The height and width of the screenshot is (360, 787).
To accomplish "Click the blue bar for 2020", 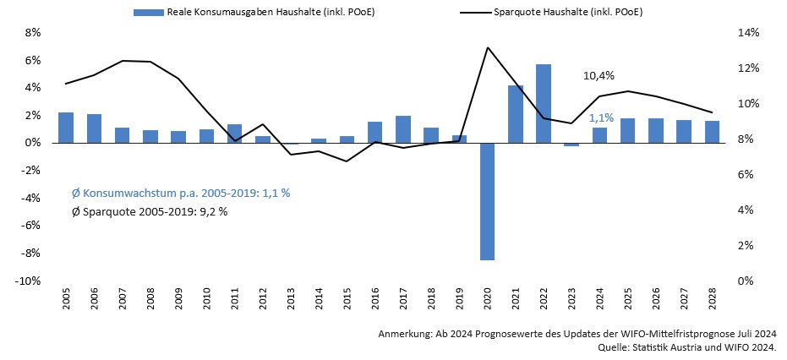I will point(487,201).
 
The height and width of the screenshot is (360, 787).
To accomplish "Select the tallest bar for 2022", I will point(544,103).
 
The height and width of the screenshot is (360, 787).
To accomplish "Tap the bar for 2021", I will point(516,114).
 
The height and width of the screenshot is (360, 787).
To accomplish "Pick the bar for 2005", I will point(66,128).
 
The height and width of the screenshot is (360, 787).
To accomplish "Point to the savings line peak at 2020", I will point(488,47).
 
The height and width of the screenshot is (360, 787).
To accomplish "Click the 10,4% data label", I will point(598,75).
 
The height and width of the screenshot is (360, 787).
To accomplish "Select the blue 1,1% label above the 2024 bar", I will point(601,118).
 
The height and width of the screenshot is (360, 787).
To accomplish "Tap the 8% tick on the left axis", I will point(33,33).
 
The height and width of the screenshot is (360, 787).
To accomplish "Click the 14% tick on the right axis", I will point(749,33).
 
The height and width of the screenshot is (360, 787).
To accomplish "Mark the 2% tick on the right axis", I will point(746,246).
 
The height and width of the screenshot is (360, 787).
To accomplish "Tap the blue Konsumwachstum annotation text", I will point(181,193).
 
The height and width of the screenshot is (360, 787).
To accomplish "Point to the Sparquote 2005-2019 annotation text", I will point(150,211).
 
